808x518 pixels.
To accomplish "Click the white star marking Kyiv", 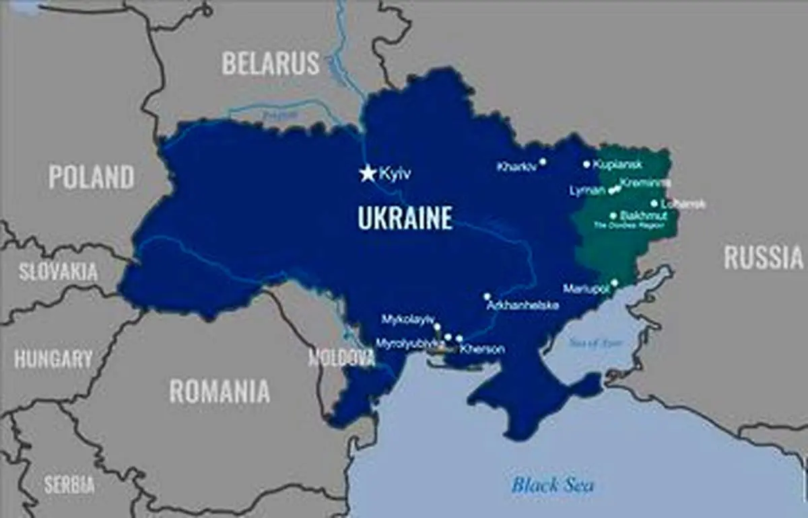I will [368, 174].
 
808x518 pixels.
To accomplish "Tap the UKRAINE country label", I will [405, 219].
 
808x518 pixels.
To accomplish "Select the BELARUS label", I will [271, 63].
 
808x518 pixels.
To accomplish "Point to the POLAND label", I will [92, 177].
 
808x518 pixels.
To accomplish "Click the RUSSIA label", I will [764, 258].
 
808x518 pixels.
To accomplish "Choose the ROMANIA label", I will [220, 391].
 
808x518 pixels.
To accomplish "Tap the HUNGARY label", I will [53, 359].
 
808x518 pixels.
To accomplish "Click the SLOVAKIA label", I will [59, 272].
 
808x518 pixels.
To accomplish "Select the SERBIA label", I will [69, 484].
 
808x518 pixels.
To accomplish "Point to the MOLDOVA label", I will [341, 358].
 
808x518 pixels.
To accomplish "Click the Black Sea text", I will [552, 484].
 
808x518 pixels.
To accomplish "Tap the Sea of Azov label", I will [595, 342].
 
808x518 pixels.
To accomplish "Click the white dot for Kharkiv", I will [542, 161].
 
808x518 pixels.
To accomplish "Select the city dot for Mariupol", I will [614, 283].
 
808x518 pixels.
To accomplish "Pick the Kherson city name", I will [482, 349].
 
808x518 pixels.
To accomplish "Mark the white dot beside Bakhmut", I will [613, 216].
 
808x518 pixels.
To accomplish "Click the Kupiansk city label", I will [618, 164].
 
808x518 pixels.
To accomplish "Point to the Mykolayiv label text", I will [408, 319].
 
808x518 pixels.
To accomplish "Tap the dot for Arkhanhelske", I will [487, 296].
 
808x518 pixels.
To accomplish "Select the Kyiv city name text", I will [395, 174].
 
